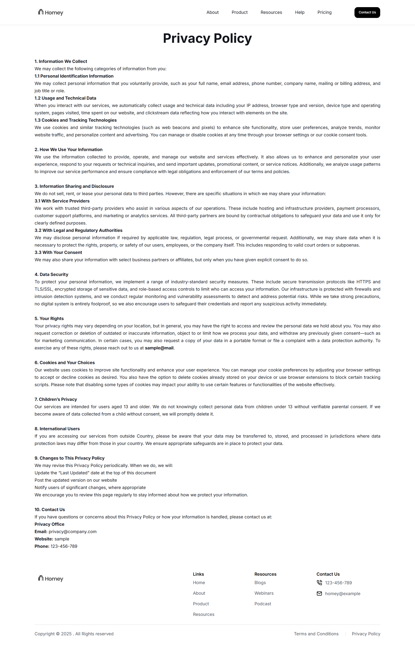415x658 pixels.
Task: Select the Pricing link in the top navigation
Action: pos(324,13)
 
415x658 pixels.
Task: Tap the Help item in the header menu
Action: pos(300,13)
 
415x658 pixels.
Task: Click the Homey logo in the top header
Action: pos(51,13)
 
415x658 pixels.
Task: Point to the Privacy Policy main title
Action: pos(207,38)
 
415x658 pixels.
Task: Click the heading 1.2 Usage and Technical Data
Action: pos(65,98)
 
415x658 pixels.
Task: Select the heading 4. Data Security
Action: pos(51,274)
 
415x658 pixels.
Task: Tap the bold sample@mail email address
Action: pos(159,348)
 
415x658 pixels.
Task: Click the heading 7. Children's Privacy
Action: pos(56,399)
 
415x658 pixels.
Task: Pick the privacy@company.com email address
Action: pos(72,532)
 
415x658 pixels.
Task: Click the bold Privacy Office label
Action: pos(49,524)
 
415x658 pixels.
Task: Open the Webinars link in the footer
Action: pos(264,593)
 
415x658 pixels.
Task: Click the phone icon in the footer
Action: pos(319,583)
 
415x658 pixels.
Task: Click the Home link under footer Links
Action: pos(199,583)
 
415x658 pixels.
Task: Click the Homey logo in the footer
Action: pos(51,578)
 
